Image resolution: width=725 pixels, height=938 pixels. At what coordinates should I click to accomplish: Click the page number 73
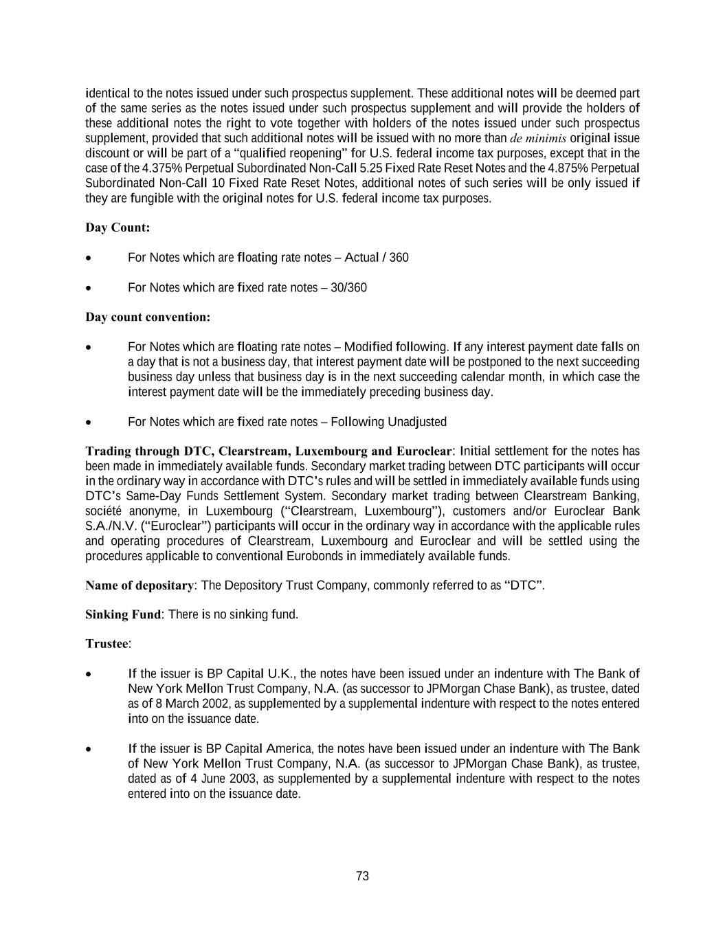[x=363, y=876]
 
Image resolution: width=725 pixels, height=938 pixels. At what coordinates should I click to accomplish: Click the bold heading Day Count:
[x=118, y=227]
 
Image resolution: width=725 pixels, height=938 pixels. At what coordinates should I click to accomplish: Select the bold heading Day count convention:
[x=148, y=317]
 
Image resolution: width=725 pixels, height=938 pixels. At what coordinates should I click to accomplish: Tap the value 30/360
[x=348, y=287]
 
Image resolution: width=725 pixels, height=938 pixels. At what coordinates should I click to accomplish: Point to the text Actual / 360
[x=376, y=257]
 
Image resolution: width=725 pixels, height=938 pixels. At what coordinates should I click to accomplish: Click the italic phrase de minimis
[x=538, y=138]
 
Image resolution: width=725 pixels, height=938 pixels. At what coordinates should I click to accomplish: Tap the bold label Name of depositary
[x=140, y=585]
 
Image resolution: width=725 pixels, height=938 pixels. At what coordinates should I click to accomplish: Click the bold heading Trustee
[x=107, y=644]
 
